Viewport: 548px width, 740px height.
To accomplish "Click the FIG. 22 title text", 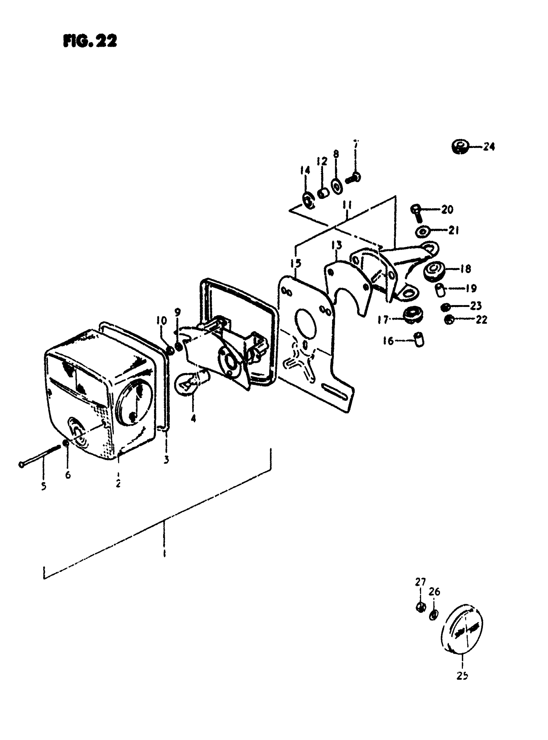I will click(90, 42).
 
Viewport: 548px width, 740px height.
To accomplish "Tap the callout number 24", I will click(489, 146).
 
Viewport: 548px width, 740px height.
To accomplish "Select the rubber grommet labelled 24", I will click(460, 146).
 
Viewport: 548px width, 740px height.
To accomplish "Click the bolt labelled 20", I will click(416, 212).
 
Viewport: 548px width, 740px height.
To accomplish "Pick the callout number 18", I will click(466, 269).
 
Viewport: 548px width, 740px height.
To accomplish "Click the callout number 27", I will click(420, 582).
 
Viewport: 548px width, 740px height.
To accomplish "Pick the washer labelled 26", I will click(434, 615).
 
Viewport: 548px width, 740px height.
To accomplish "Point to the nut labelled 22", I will click(449, 320).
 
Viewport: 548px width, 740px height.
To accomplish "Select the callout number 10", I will click(162, 321).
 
